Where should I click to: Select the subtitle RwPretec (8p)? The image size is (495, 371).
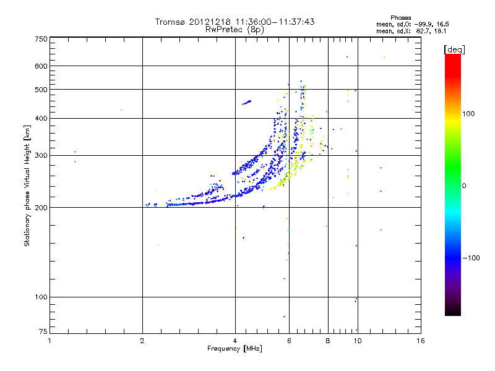pos(235,29)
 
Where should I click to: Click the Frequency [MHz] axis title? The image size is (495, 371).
pos(235,349)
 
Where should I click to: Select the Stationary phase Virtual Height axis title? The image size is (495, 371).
pos(27,185)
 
